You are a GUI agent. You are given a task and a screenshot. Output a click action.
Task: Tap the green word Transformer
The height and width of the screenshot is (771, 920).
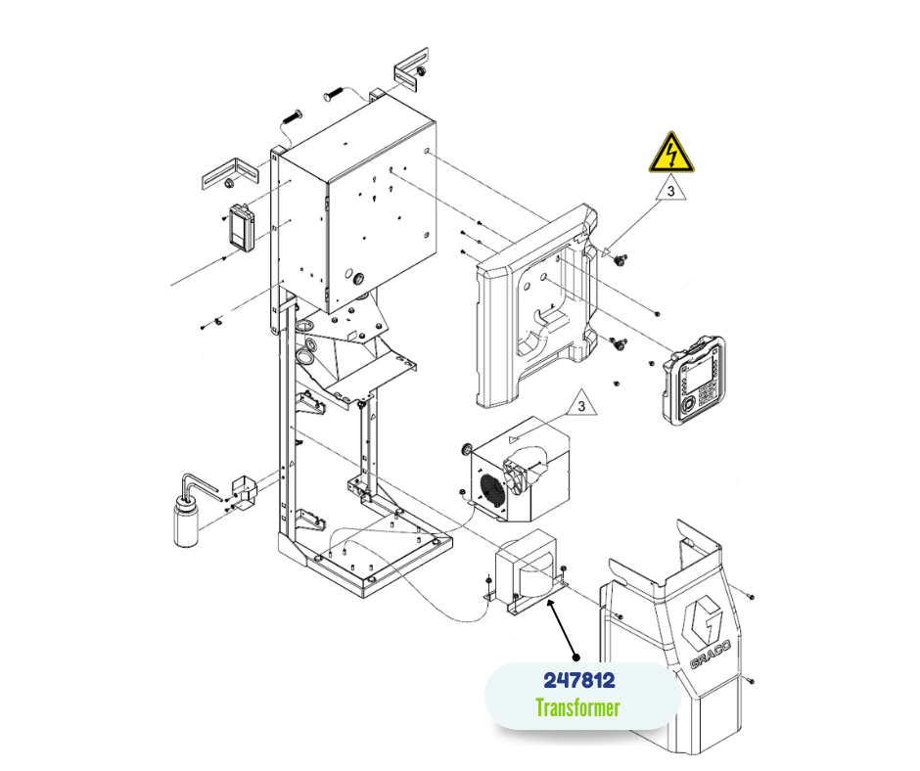577,708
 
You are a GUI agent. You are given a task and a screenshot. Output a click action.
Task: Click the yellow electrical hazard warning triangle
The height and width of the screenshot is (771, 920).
671,153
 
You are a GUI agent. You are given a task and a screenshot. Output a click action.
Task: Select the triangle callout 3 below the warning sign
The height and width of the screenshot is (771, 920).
671,190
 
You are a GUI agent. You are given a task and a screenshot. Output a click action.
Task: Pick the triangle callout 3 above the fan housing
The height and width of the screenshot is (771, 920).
581,405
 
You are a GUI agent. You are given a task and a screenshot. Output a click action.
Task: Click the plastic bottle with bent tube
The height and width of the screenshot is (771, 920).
189,510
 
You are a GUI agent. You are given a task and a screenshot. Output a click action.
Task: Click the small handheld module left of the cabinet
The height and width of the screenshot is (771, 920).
241,227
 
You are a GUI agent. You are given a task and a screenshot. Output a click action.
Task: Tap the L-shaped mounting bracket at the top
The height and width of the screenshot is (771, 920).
411,69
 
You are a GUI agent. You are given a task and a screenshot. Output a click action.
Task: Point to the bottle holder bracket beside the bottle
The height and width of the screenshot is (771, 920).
245,493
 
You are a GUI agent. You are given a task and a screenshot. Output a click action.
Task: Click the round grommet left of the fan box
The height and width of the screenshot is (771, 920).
467,450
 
